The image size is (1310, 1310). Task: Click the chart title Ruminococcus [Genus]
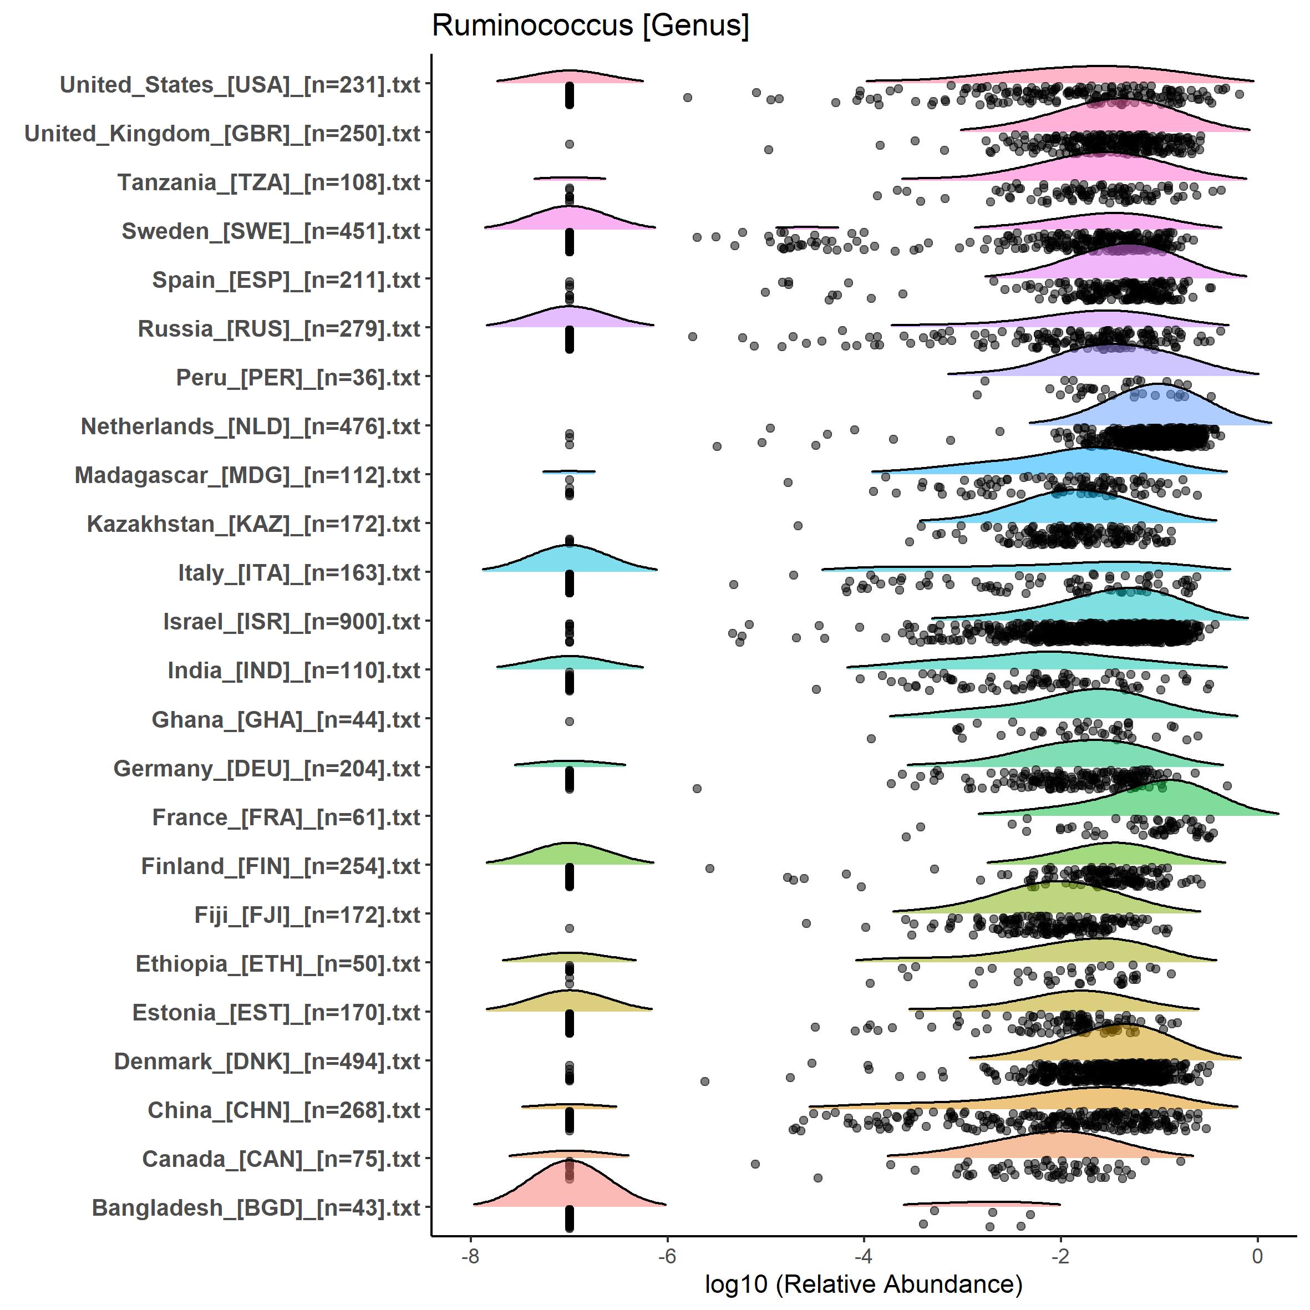click(590, 26)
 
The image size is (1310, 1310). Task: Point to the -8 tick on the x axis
click(470, 1256)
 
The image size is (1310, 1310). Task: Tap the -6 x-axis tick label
click(667, 1256)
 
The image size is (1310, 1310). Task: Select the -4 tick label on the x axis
click(863, 1256)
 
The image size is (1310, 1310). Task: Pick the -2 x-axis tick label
click(1060, 1256)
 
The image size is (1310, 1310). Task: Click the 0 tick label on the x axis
click(1257, 1256)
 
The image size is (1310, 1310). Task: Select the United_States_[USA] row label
click(240, 85)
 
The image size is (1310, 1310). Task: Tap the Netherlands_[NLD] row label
click(250, 426)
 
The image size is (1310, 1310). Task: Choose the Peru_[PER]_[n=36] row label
click(298, 378)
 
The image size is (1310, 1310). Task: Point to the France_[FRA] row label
click(286, 817)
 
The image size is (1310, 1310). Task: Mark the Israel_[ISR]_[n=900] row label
click(292, 622)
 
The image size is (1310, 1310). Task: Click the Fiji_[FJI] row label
click(307, 915)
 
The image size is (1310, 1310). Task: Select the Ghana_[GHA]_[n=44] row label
click(286, 719)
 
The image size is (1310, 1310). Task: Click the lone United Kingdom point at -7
click(570, 144)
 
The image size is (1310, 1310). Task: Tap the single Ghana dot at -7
click(570, 722)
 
